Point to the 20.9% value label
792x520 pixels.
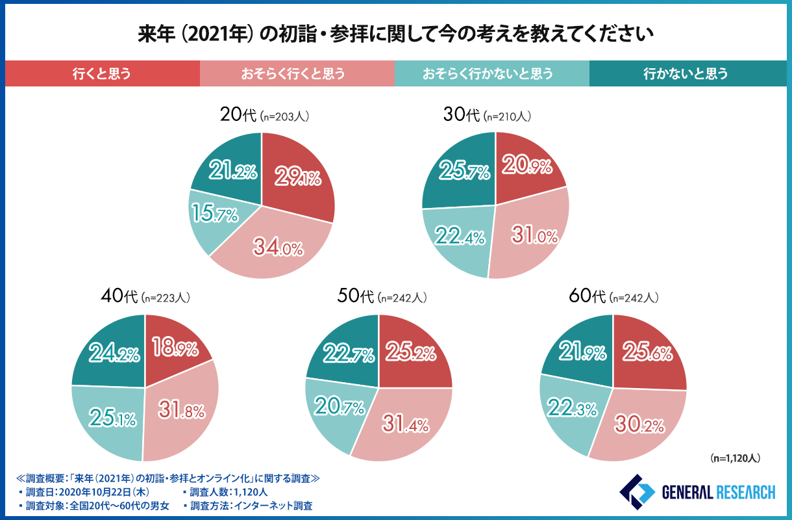(526, 166)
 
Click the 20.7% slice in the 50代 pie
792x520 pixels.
(334, 409)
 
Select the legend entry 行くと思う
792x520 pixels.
(102, 73)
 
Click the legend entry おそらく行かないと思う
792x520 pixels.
(491, 73)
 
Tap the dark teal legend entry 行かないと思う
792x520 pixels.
(686, 73)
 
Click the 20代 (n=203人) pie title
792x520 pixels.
(262, 116)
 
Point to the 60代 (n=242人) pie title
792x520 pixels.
(613, 298)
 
